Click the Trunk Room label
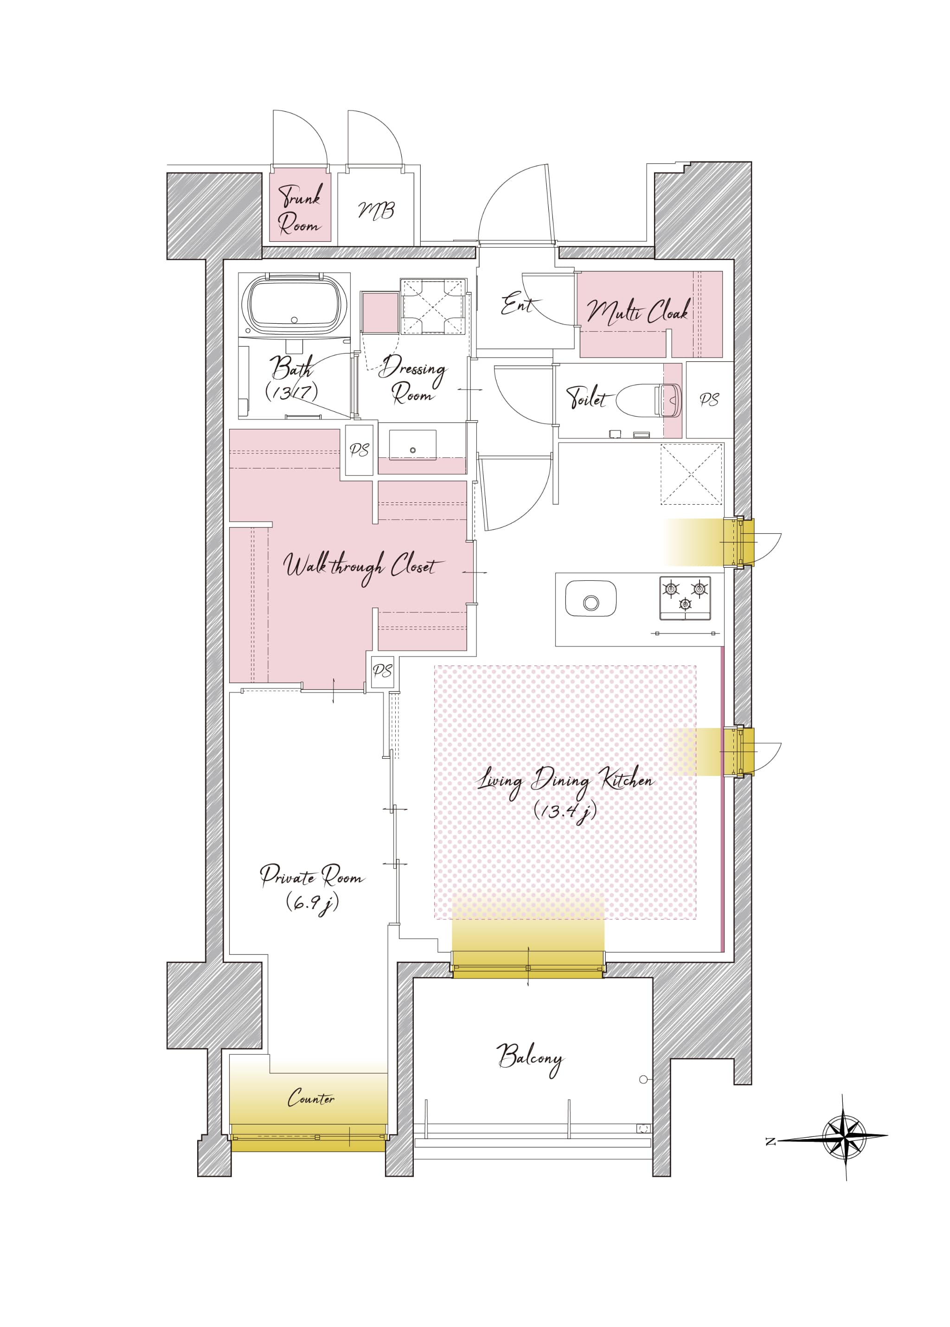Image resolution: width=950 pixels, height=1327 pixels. coord(300,209)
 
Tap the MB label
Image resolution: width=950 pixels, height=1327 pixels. coord(376,211)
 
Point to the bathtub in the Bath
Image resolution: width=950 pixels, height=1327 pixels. coord(294,305)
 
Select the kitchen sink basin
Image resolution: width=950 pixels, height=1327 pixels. coord(591,598)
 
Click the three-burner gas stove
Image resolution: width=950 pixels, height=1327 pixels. coord(685,598)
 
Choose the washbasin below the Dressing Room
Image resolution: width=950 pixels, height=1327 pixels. coord(412,445)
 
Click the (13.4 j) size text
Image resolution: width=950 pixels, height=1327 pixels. coord(565,811)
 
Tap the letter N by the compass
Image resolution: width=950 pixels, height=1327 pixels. coord(770,1141)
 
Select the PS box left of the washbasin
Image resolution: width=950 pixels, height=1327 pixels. coord(359,450)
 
